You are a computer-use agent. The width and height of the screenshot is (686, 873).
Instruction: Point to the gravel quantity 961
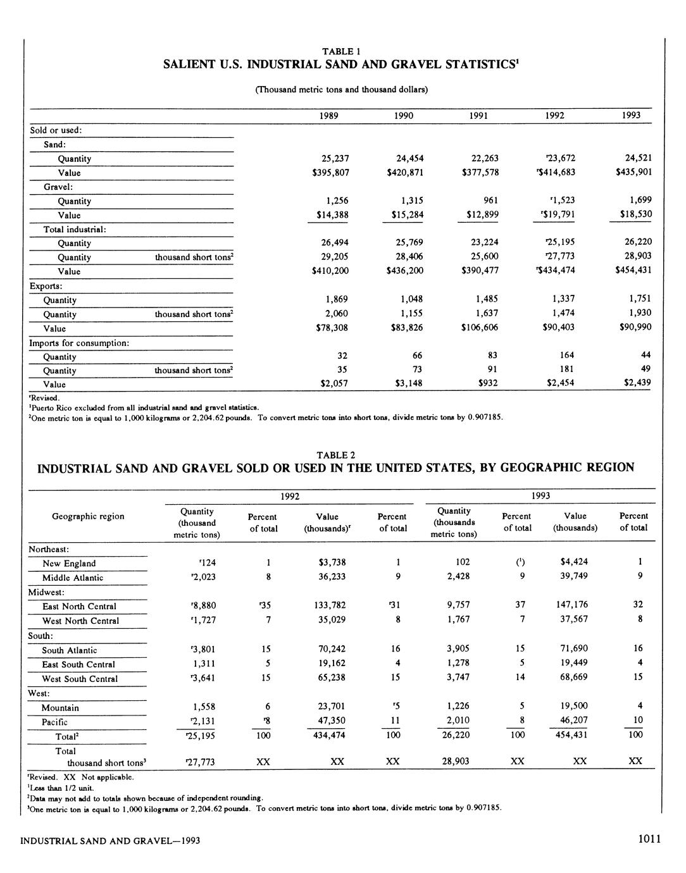point(490,201)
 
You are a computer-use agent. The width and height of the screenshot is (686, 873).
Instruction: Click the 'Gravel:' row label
point(58,187)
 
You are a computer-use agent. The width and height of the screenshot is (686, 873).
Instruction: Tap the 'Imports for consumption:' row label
point(79,343)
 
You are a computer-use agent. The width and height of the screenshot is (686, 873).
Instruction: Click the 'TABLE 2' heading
point(335,455)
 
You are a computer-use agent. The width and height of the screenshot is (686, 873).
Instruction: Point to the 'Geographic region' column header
point(88,516)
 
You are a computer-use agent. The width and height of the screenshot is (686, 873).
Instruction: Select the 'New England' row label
point(69,564)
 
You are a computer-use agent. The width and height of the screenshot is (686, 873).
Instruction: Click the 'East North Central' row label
point(79,606)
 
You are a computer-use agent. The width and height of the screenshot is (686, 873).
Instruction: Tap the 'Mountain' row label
point(60,708)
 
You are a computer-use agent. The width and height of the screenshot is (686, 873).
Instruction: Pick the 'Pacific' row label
point(54,722)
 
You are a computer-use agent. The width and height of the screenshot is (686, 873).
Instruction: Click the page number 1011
point(649,839)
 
